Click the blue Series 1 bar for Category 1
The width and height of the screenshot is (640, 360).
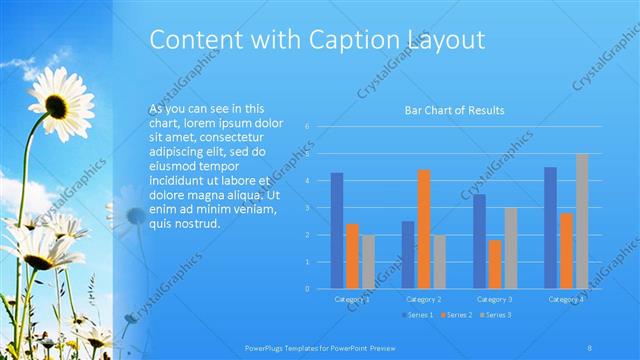point(337,231)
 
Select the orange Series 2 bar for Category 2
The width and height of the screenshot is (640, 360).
point(423,229)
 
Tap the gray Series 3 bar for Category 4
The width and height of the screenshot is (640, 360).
point(582,221)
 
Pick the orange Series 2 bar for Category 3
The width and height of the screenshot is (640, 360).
point(495,264)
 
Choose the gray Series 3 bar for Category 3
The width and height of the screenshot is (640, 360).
point(510,248)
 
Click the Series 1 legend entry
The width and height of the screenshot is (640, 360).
point(418,315)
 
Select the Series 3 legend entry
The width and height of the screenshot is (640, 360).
point(498,315)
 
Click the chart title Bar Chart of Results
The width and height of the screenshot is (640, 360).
point(454,110)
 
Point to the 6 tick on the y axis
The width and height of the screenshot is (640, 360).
point(308,127)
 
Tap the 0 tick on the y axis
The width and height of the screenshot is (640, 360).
point(308,289)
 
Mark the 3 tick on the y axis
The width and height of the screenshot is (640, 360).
point(308,208)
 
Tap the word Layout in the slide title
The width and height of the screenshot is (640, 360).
point(445,40)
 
